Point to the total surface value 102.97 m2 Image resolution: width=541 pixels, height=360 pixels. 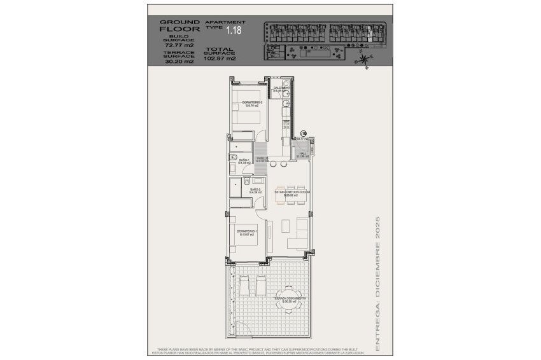[x=220, y=59]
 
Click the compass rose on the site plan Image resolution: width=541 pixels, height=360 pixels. [x=363, y=59]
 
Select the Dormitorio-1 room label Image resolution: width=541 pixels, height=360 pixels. [x=246, y=232]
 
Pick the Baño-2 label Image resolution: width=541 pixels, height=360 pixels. [x=256, y=190]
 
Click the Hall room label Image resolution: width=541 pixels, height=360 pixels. [x=303, y=155]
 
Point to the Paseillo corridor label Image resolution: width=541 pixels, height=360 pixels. [x=262, y=160]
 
